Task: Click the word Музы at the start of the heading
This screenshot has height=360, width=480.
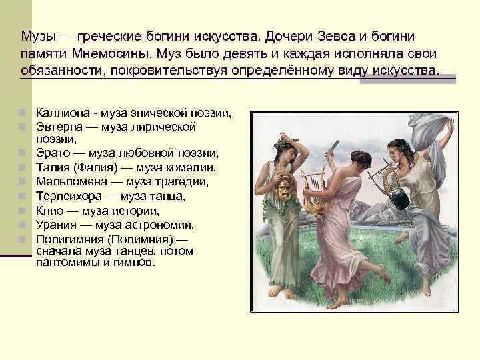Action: [x=37, y=35]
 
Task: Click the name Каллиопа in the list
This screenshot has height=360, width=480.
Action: [x=63, y=114]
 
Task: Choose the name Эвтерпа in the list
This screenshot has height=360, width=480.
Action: [x=61, y=127]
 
